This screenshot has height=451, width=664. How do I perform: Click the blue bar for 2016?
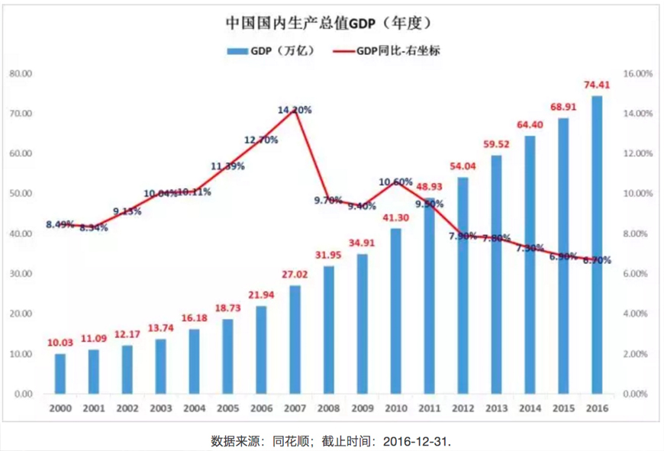(x=597, y=244)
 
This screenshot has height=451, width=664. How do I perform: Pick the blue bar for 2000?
(x=60, y=373)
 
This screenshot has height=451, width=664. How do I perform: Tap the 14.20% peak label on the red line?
(x=295, y=110)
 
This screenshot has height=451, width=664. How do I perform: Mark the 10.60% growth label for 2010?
(x=396, y=182)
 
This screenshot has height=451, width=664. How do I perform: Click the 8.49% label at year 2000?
(x=60, y=224)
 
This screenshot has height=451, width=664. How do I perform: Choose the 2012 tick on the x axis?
(x=463, y=408)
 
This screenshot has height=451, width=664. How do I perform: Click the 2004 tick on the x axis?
(x=194, y=408)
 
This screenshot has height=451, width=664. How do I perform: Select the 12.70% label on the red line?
(x=261, y=140)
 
